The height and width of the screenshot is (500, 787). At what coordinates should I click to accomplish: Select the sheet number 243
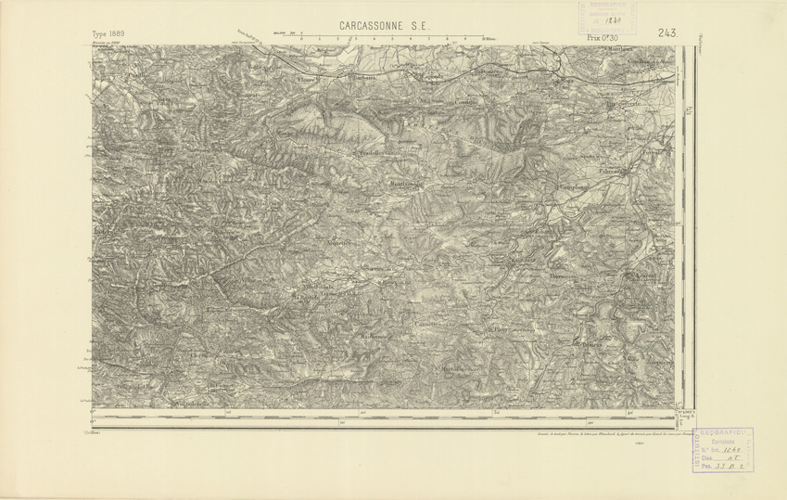click(x=667, y=33)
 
